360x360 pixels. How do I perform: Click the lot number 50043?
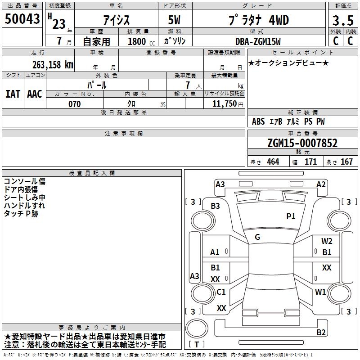[22, 18]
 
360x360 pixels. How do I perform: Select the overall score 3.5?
[343, 20]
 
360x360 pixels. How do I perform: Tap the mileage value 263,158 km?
[53, 65]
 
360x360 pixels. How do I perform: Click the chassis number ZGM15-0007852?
[302, 143]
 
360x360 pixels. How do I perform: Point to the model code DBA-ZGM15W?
[258, 41]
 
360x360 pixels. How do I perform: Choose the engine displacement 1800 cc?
[141, 41]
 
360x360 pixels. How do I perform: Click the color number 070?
[75, 104]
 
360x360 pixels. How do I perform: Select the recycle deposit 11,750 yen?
[228, 104]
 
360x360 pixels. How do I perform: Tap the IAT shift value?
[13, 94]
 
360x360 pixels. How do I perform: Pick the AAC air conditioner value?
[35, 94]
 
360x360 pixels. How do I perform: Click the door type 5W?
[174, 20]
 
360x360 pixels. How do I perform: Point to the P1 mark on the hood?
[291, 216]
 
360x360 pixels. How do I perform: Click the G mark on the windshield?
[257, 237]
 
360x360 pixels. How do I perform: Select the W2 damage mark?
[327, 241]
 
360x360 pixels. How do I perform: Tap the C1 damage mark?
[221, 292]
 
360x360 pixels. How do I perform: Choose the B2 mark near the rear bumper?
[321, 332]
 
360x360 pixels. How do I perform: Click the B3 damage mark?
[216, 206]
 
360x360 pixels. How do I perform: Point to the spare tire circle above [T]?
[197, 328]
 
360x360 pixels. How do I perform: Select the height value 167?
[346, 162]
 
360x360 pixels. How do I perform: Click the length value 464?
[273, 162]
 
